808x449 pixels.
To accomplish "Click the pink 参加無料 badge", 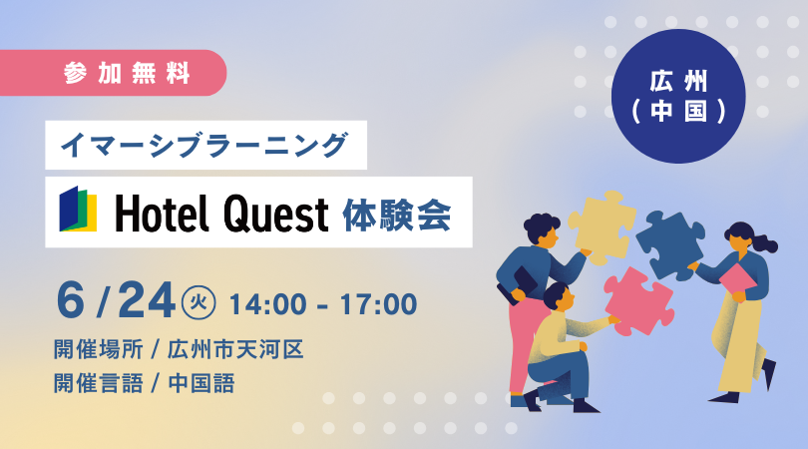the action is click(x=113, y=73).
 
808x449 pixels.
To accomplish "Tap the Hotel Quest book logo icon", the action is click(x=78, y=209).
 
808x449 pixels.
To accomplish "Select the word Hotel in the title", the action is click(x=163, y=213).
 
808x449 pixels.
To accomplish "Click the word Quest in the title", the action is click(x=276, y=214).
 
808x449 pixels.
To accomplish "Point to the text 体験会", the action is click(x=397, y=214).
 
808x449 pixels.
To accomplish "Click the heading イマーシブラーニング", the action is click(x=204, y=145).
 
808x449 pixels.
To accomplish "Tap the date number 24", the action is click(x=147, y=301).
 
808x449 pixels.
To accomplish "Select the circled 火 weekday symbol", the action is click(x=199, y=302).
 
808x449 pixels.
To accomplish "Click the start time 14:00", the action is click(x=267, y=304).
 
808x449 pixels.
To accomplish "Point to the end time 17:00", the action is click(x=378, y=304).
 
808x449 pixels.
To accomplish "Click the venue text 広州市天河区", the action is click(x=235, y=349).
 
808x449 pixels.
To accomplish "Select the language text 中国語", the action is click(x=202, y=383).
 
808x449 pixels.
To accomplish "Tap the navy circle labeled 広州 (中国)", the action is click(x=678, y=96).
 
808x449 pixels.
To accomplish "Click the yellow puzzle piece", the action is click(x=602, y=226).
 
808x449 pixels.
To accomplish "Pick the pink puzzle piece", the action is click(x=638, y=301).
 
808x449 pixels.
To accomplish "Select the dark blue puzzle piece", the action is click(x=670, y=243).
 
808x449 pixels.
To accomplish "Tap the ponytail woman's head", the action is click(x=742, y=237).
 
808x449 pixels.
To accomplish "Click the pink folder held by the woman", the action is click(x=737, y=281).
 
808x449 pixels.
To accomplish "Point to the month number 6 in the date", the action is click(x=70, y=301).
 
